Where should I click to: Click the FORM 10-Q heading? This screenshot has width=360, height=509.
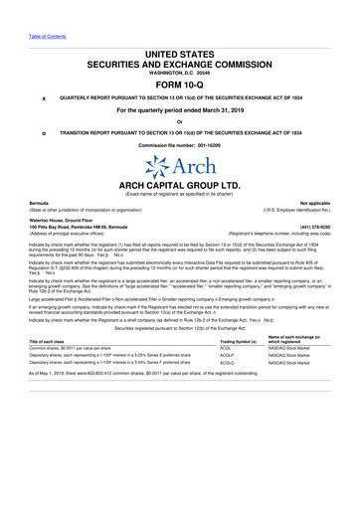click(179, 84)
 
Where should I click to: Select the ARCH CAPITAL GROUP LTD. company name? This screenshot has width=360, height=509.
click(179, 186)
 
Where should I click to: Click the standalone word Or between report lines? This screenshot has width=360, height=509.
click(179, 121)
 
